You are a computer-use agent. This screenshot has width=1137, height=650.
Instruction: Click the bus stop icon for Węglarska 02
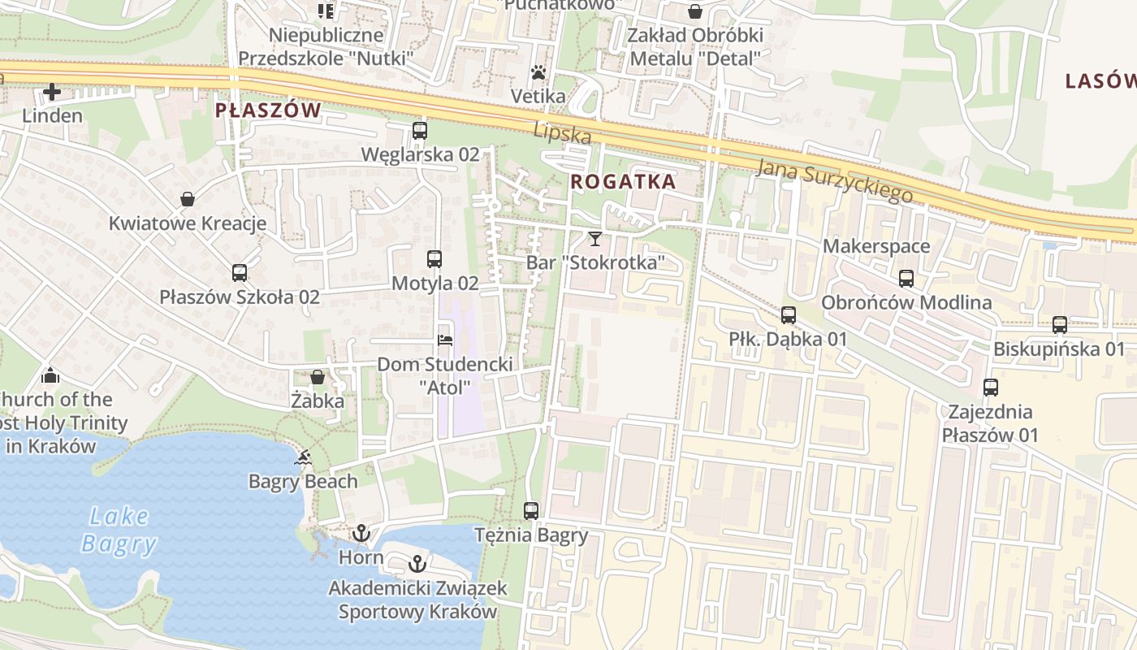coord(420,130)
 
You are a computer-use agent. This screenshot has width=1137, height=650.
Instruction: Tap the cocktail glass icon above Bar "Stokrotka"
coord(595,238)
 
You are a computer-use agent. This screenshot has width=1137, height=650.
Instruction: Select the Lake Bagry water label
coord(119,530)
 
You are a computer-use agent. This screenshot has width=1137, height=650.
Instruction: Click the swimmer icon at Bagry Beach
coord(303,458)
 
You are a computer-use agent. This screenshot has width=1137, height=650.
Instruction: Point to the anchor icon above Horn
coord(361,534)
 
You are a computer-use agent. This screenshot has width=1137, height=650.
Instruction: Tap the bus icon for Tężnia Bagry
coord(531,511)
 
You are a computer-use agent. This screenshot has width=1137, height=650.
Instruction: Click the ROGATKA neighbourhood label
coord(623,182)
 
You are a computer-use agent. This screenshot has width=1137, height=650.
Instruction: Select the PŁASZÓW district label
coord(268,110)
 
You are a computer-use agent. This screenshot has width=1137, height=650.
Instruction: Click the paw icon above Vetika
coord(538,73)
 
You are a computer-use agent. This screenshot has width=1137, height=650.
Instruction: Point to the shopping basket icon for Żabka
coord(318,377)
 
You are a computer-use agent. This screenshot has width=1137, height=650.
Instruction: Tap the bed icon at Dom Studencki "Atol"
coord(444,340)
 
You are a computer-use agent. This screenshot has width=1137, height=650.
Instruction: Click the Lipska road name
coord(562,133)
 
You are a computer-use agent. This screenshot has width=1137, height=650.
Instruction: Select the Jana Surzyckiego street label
coord(834,180)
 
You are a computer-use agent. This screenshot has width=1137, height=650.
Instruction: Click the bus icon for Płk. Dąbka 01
coord(789,315)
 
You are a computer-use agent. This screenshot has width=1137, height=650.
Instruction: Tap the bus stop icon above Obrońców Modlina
coord(906,279)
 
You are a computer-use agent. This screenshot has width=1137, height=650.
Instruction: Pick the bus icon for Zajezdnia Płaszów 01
coord(991,388)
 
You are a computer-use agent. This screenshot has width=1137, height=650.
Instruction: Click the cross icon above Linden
coord(52,92)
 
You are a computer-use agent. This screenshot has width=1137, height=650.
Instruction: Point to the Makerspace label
coord(876,246)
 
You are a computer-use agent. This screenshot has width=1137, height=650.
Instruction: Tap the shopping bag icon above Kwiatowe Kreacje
coord(188,199)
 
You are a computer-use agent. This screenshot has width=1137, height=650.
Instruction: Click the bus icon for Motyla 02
coord(434,259)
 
